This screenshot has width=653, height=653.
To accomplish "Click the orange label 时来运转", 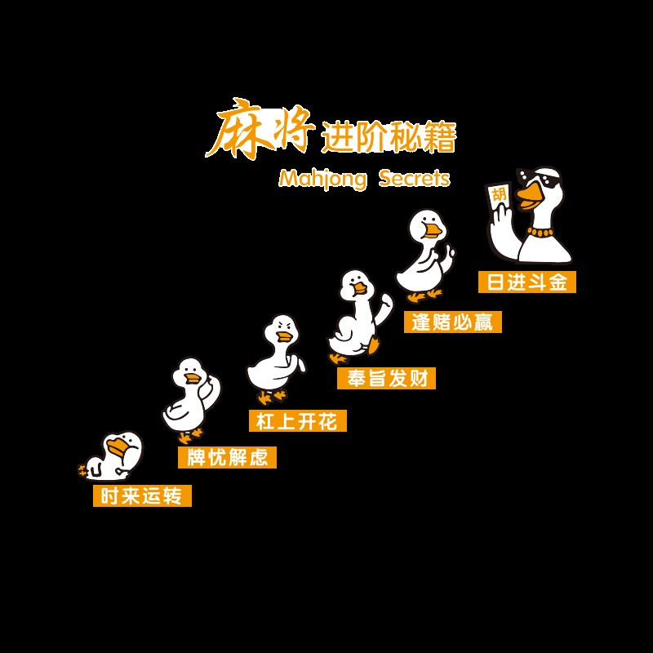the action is tap(142, 495).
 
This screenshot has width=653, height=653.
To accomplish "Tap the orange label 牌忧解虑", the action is tap(227, 457).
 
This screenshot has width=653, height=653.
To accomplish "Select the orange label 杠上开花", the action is tap(297, 420).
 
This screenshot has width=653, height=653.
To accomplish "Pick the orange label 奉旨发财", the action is tap(386, 378).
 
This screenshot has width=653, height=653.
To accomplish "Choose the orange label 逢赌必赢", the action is tap(452, 322).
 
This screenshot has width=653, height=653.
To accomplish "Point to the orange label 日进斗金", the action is tap(526, 282).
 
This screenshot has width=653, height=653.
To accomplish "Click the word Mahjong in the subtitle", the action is tap(322, 179).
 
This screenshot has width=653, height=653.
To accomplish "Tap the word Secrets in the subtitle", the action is tap(414, 178).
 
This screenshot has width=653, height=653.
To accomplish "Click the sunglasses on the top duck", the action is tap(542, 181).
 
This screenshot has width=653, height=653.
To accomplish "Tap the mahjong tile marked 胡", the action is tap(499, 197).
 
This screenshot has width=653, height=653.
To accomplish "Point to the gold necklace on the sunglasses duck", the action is tap(540, 232).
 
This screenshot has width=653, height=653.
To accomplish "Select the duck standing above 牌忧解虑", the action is tap(189, 398).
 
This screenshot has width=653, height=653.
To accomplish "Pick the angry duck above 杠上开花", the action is tap(276, 358).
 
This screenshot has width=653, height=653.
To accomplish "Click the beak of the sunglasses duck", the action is tap(529, 195).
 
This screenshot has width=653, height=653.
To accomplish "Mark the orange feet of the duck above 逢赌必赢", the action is tap(424, 295).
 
